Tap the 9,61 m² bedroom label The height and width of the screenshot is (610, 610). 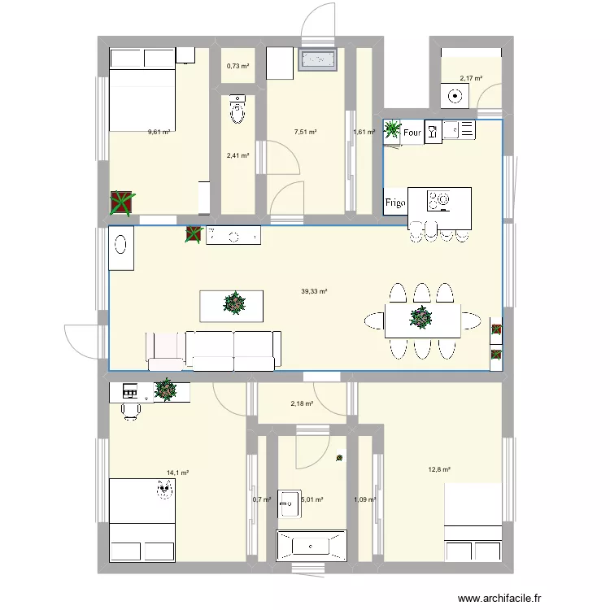tap(159, 131)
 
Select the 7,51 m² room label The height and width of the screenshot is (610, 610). tap(305, 131)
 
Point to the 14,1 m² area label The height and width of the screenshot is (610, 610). tap(177, 472)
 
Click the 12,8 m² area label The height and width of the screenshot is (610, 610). tap(438, 469)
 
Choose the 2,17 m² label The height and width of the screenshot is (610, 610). tap(471, 79)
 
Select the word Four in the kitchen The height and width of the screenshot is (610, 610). tap(412, 133)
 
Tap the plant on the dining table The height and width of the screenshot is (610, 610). tap(420, 318)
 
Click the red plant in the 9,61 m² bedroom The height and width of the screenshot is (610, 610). tap(122, 203)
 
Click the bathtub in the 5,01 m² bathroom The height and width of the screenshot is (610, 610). tap(312, 545)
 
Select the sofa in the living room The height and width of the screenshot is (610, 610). tap(214, 346)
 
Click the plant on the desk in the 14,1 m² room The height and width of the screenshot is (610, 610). tap(166, 390)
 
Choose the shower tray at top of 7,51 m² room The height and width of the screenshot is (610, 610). tap(317, 59)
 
